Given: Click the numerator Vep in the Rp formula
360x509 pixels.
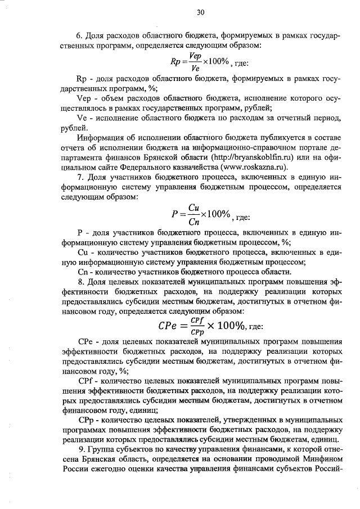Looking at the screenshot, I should [x=196, y=56].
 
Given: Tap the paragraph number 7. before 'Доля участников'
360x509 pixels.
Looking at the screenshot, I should [x=80, y=177].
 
